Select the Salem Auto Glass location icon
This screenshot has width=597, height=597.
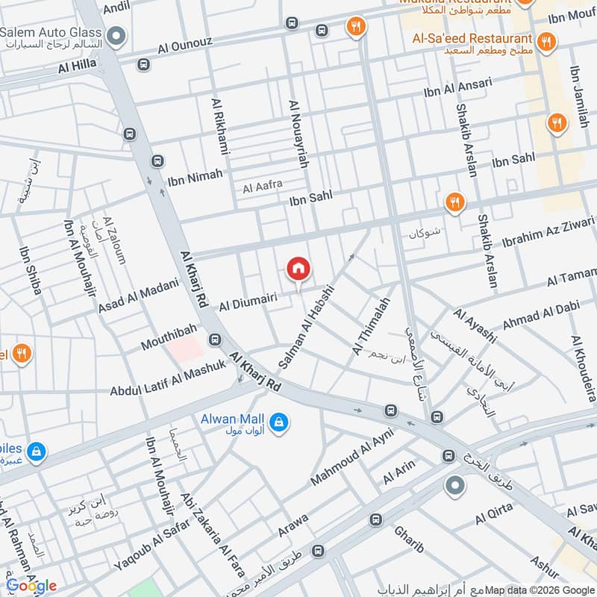coord(116,34)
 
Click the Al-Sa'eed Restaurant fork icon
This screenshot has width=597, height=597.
coord(547,40)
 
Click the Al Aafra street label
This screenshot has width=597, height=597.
coord(262,188)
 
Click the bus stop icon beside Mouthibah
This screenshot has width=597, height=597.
coord(215,340)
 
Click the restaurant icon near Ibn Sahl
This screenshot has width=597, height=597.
coord(454,201)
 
